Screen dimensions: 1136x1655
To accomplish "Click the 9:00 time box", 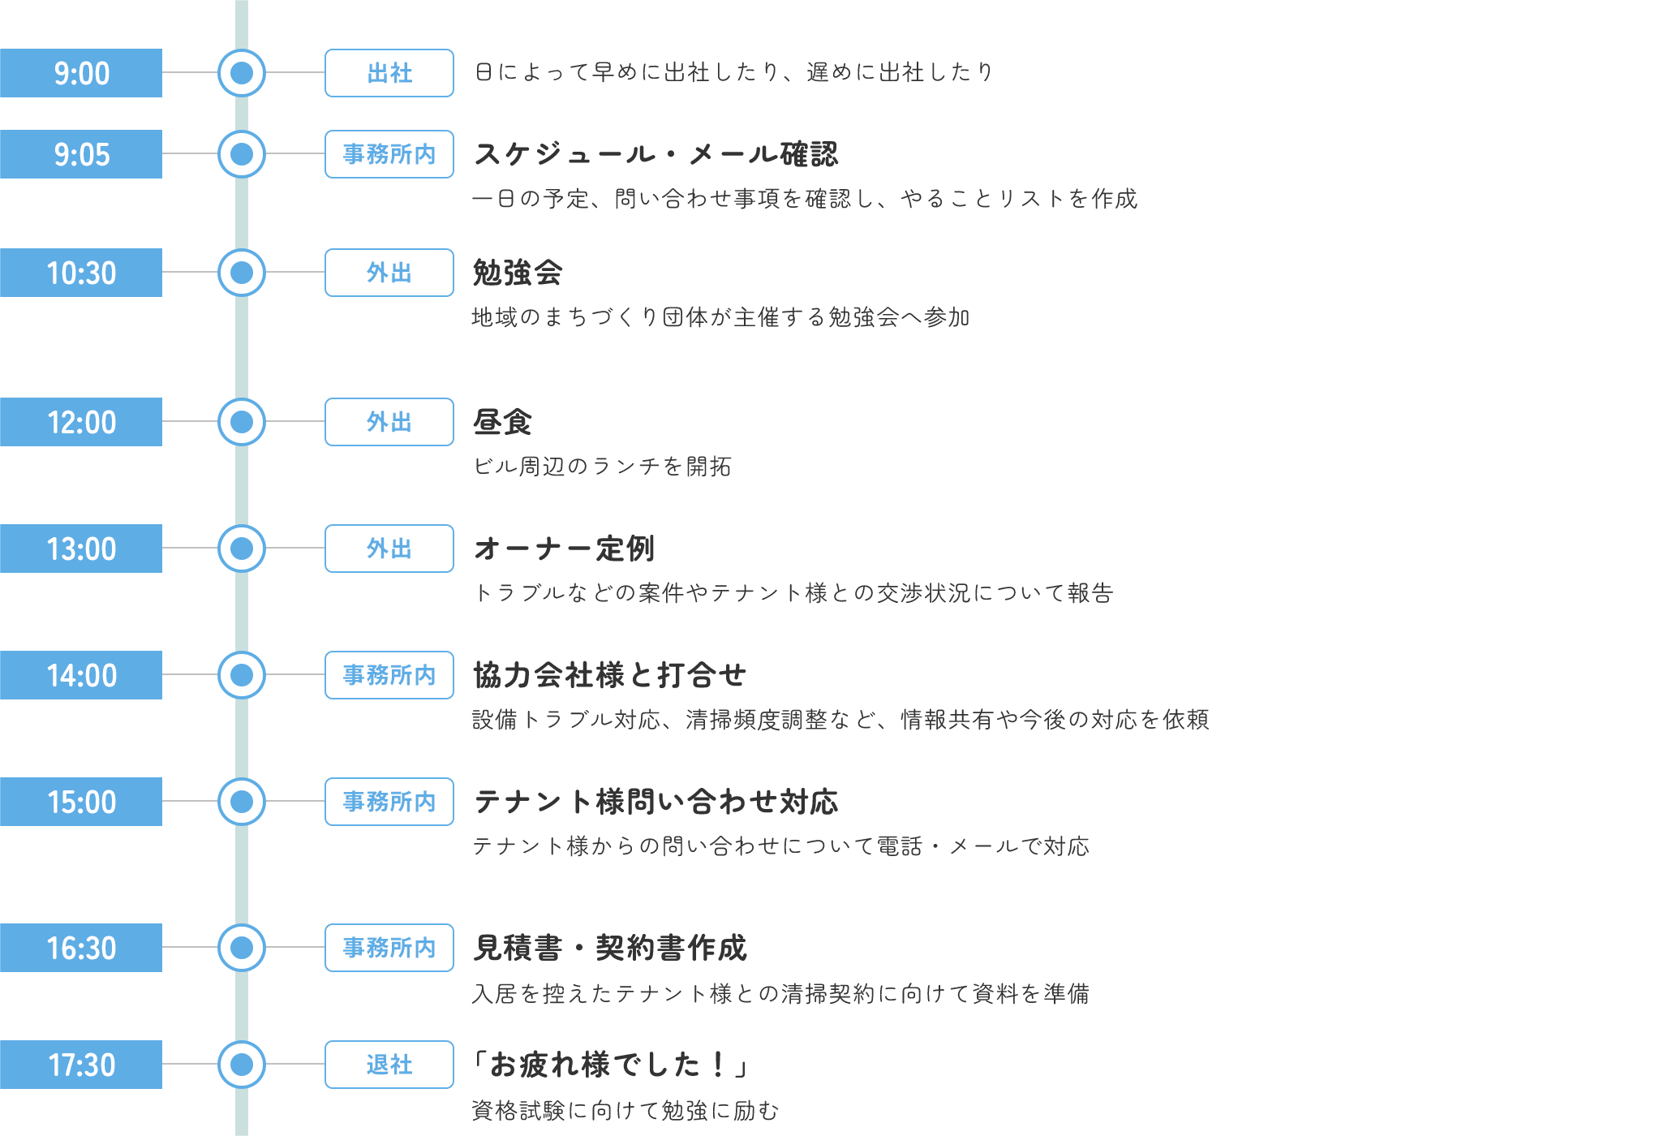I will [x=81, y=73].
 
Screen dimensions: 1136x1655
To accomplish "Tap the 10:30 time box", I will [x=81, y=273].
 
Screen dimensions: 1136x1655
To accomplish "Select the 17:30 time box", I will [x=81, y=1065].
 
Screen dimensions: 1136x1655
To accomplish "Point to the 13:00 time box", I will [x=81, y=549].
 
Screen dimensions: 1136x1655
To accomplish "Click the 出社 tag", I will [x=389, y=73].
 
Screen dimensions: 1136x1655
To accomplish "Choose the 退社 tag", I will [x=389, y=1065].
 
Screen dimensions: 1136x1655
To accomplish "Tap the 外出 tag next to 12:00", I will [x=389, y=422].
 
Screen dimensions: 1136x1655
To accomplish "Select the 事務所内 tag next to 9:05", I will [x=389, y=154].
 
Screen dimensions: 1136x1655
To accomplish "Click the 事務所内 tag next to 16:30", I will [x=389, y=948].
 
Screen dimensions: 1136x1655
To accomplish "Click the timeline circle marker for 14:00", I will [x=242, y=675].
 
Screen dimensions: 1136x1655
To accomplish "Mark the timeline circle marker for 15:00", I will [x=242, y=802].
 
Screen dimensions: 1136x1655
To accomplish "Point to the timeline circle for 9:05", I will [x=242, y=154].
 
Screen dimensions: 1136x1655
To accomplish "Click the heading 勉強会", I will [x=518, y=273].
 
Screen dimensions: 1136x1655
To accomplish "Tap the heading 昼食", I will [x=503, y=422].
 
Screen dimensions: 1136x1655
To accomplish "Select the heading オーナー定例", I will [x=565, y=549].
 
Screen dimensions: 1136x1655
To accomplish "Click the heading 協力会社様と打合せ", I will [x=610, y=675].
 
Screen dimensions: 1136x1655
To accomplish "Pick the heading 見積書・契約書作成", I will [x=610, y=948].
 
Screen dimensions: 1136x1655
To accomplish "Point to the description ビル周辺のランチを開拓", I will [x=603, y=467].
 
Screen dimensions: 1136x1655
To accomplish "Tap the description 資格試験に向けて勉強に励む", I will [x=625, y=1110].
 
